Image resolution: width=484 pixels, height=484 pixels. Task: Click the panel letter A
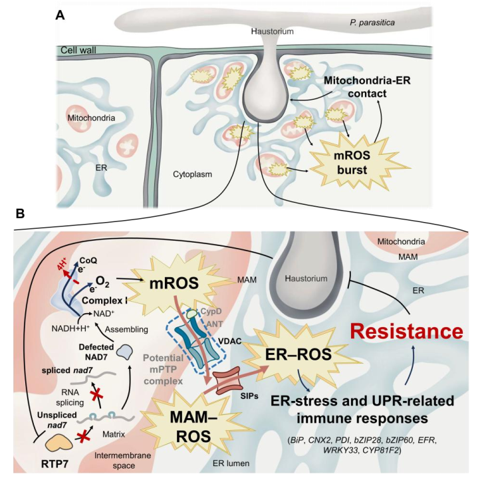click(x=59, y=14)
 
